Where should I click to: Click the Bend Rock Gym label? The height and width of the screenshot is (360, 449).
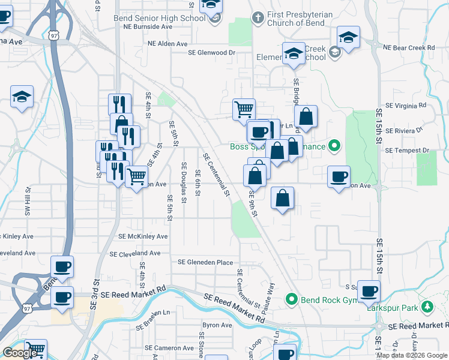325,299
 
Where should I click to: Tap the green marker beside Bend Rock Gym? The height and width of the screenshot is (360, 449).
292,298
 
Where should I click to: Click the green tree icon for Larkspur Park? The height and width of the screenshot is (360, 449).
427,308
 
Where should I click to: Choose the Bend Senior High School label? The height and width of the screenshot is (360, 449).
160,18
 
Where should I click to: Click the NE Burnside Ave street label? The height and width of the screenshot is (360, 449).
148,27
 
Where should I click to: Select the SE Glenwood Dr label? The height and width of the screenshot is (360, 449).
211,52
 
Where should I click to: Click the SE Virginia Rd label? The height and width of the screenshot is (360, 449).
406,105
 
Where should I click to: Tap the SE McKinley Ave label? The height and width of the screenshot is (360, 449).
143,236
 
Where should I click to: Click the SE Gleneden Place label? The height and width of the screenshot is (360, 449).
205,262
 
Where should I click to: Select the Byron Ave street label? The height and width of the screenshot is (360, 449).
217,325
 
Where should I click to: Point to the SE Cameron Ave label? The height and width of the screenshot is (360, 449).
169,348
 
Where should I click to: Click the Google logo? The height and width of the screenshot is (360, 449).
20,353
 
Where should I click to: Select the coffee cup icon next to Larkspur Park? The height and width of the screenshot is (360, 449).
369,291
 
